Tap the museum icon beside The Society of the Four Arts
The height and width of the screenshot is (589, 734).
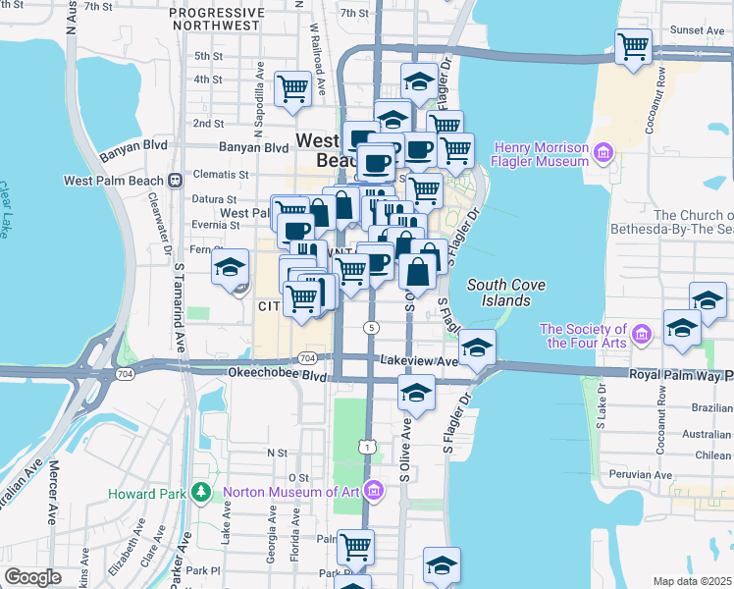[x=644, y=336]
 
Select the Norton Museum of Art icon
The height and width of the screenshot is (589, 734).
[x=373, y=489]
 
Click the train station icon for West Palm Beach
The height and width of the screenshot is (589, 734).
[x=176, y=181]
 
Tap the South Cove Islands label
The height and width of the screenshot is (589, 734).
[x=499, y=292]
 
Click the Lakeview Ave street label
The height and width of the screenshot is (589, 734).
[x=419, y=361]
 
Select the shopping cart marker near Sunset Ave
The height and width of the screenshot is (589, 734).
[x=634, y=45]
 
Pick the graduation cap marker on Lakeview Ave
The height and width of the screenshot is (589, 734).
[x=477, y=348]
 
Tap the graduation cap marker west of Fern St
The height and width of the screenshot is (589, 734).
[x=231, y=267]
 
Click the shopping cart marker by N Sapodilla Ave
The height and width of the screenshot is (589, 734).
[x=292, y=88]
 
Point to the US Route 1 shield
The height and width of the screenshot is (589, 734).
[x=367, y=447]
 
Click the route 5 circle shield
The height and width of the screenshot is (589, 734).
[x=371, y=327]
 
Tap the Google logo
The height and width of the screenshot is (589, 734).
[x=32, y=577]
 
